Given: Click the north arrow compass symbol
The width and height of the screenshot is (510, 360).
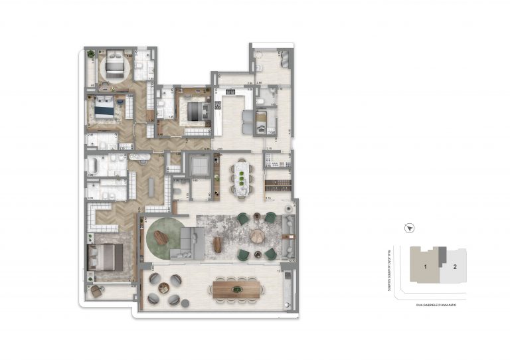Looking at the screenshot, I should tap(411, 228).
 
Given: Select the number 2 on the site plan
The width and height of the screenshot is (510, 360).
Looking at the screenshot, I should tap(454, 267).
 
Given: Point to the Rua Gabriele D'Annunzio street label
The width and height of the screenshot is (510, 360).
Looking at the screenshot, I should tap(436, 304).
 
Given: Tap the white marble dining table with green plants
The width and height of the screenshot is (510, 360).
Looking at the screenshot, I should tap(242, 179).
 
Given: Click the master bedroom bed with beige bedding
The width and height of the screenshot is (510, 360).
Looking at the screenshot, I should tap(105, 256).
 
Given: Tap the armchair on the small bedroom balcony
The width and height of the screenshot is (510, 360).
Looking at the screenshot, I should tap(98, 289).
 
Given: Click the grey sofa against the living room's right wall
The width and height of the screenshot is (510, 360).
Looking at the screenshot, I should tap(288, 236).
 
